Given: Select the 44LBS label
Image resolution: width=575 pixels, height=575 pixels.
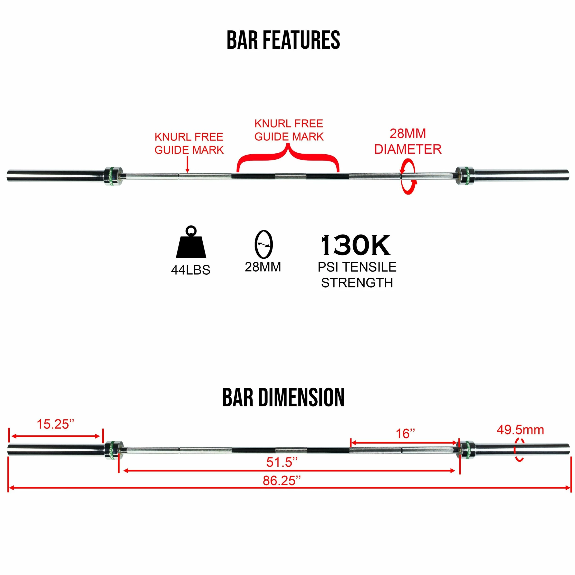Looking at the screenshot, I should (x=190, y=270).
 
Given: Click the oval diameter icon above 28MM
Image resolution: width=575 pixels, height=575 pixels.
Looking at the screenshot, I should (x=263, y=244).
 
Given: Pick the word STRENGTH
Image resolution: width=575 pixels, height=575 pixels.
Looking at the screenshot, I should (x=357, y=283).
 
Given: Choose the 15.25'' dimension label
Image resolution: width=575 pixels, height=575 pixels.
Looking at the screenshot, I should (x=55, y=424).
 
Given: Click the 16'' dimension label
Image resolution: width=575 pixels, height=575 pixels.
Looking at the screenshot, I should (x=405, y=434).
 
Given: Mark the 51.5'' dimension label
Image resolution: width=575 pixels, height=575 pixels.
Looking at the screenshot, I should (x=282, y=462).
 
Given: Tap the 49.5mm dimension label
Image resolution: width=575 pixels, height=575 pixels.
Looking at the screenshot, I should (x=520, y=430).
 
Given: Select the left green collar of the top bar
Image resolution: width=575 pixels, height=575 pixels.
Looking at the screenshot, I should (x=113, y=176).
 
